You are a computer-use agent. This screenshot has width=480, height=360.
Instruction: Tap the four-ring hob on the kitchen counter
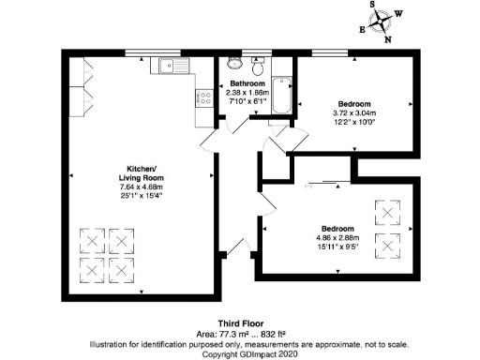click(202, 96)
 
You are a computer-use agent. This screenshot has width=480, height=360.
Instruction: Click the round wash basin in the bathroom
click(258, 64)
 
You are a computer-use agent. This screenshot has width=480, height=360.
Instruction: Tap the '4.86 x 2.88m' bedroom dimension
click(338, 238)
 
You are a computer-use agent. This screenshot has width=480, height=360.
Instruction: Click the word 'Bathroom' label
click(248, 84)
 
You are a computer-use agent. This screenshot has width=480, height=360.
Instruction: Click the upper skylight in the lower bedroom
click(384, 214)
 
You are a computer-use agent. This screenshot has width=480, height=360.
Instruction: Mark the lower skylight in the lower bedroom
click(384, 247)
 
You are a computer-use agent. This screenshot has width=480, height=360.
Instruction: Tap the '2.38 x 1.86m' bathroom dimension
click(248, 94)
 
